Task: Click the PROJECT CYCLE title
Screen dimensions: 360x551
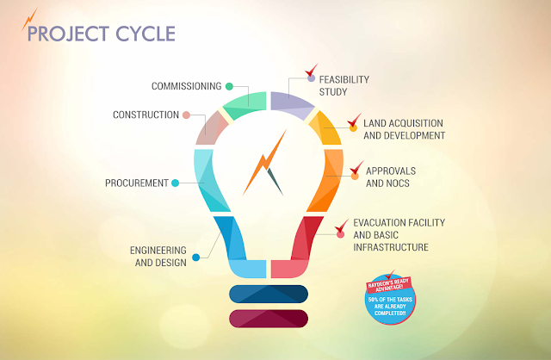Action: pos(101,34)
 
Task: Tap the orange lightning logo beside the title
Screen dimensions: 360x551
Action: pos(30,19)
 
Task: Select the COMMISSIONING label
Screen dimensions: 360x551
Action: pos(186,86)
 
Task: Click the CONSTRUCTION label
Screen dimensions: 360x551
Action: pos(145,115)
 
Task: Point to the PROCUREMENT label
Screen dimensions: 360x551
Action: pos(136,183)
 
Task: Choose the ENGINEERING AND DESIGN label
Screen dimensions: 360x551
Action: pos(158,256)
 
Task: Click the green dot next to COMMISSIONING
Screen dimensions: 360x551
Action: pos(230,86)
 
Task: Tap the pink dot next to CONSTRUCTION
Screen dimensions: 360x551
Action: pos(186,115)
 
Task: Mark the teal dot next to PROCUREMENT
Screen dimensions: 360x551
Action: pos(175,183)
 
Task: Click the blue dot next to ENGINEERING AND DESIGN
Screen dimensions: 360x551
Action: pos(196,256)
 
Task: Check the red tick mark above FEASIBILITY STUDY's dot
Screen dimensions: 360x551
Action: pos(313,70)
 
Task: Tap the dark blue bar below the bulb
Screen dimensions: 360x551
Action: pos(269,293)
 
